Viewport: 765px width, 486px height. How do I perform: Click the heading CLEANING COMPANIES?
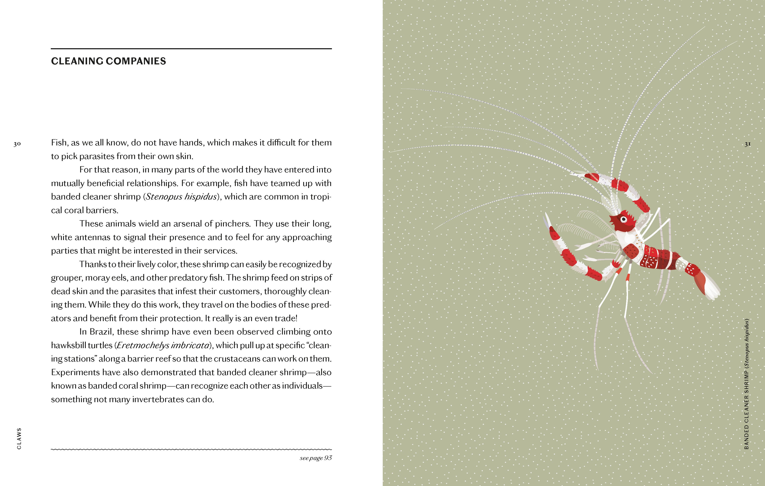click(x=108, y=61)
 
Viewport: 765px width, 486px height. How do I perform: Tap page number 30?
click(x=17, y=144)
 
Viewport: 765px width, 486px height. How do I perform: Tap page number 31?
click(x=747, y=144)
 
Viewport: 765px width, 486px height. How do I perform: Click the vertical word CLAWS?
click(x=19, y=438)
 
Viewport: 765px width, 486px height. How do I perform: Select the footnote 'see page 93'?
click(x=316, y=458)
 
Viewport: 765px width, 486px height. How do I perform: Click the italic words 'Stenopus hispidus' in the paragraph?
click(x=181, y=197)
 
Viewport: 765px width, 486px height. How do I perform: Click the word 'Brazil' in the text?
click(x=100, y=332)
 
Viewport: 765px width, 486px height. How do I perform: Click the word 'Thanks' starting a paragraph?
click(x=93, y=264)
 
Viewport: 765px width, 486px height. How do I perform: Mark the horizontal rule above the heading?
click(x=191, y=49)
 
